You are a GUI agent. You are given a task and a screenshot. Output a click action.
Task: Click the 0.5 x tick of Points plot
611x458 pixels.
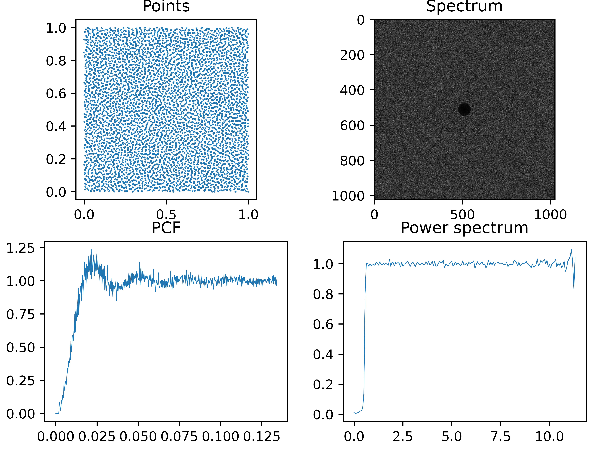(166, 214)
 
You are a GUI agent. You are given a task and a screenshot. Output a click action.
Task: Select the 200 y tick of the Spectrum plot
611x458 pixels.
(352, 55)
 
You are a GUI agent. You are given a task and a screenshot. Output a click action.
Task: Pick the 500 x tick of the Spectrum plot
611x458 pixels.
(462, 214)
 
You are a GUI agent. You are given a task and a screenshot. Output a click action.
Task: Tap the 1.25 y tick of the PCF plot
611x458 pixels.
(21, 248)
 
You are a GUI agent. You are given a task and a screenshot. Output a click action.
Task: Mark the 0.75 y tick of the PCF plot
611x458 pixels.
(21, 314)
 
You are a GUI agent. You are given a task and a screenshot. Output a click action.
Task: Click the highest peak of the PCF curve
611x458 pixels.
(91, 250)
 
